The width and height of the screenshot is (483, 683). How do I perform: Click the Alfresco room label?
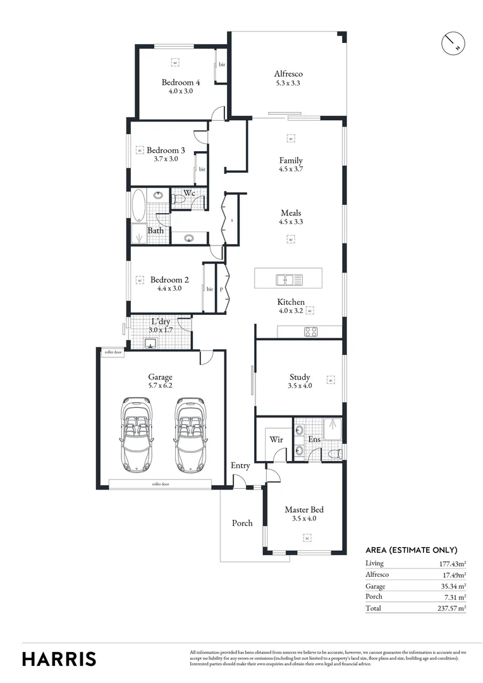click(288, 74)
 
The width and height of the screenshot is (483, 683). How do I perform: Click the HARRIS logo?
click(59, 658)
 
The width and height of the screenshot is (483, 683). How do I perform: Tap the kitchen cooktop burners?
click(310, 331)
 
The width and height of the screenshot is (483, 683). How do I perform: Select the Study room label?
click(300, 377)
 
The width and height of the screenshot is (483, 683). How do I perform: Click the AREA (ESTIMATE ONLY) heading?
click(411, 550)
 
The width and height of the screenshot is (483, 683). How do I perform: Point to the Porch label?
click(242, 523)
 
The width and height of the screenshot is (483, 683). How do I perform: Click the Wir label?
click(276, 439)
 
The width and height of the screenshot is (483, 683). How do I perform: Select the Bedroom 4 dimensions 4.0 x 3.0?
click(180, 91)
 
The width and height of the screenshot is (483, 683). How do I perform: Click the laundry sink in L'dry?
click(150, 343)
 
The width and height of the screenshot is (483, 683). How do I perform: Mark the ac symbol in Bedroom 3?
click(140, 151)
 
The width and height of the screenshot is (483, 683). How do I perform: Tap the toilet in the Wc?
click(179, 200)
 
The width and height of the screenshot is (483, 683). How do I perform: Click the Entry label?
click(240, 465)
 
